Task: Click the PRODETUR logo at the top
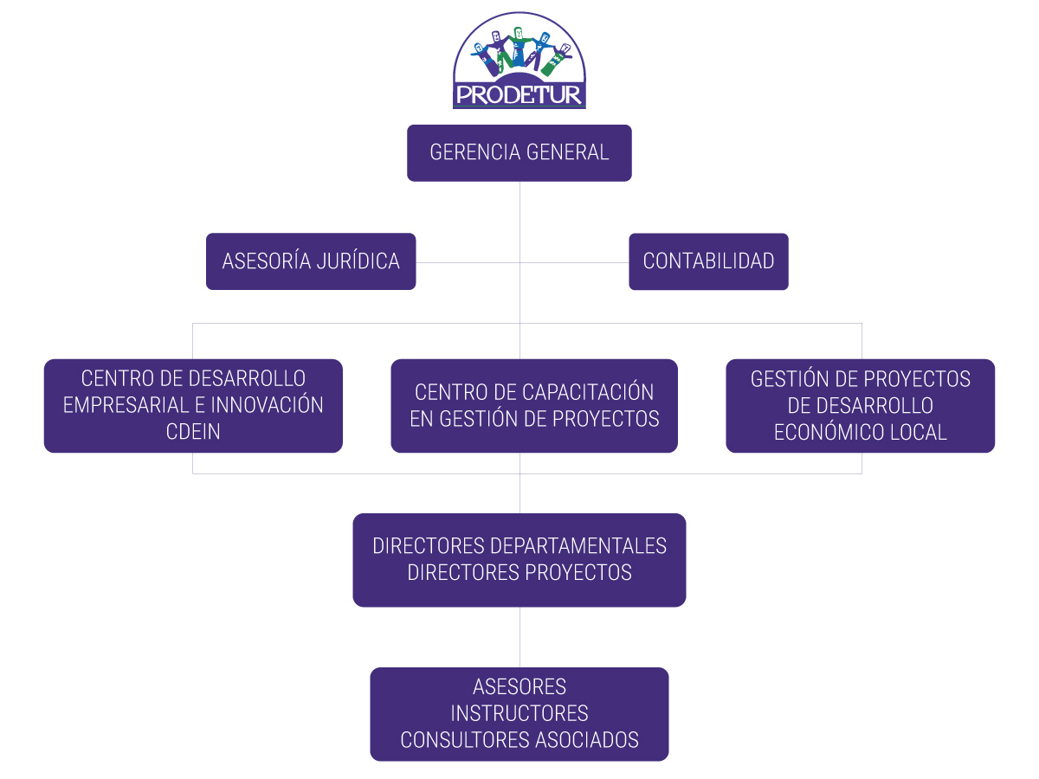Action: [519, 61]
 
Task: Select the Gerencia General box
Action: [519, 153]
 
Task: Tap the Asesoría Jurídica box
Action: [311, 261]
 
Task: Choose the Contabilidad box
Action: [708, 261]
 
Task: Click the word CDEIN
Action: [193, 432]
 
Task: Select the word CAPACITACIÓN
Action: [588, 392]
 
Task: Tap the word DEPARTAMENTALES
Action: [578, 546]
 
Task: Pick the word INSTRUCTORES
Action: [519, 713]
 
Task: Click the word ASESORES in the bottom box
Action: [519, 687]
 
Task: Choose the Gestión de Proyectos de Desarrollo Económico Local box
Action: [860, 406]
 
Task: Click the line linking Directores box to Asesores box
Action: [519, 637]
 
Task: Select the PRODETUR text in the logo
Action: [519, 93]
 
